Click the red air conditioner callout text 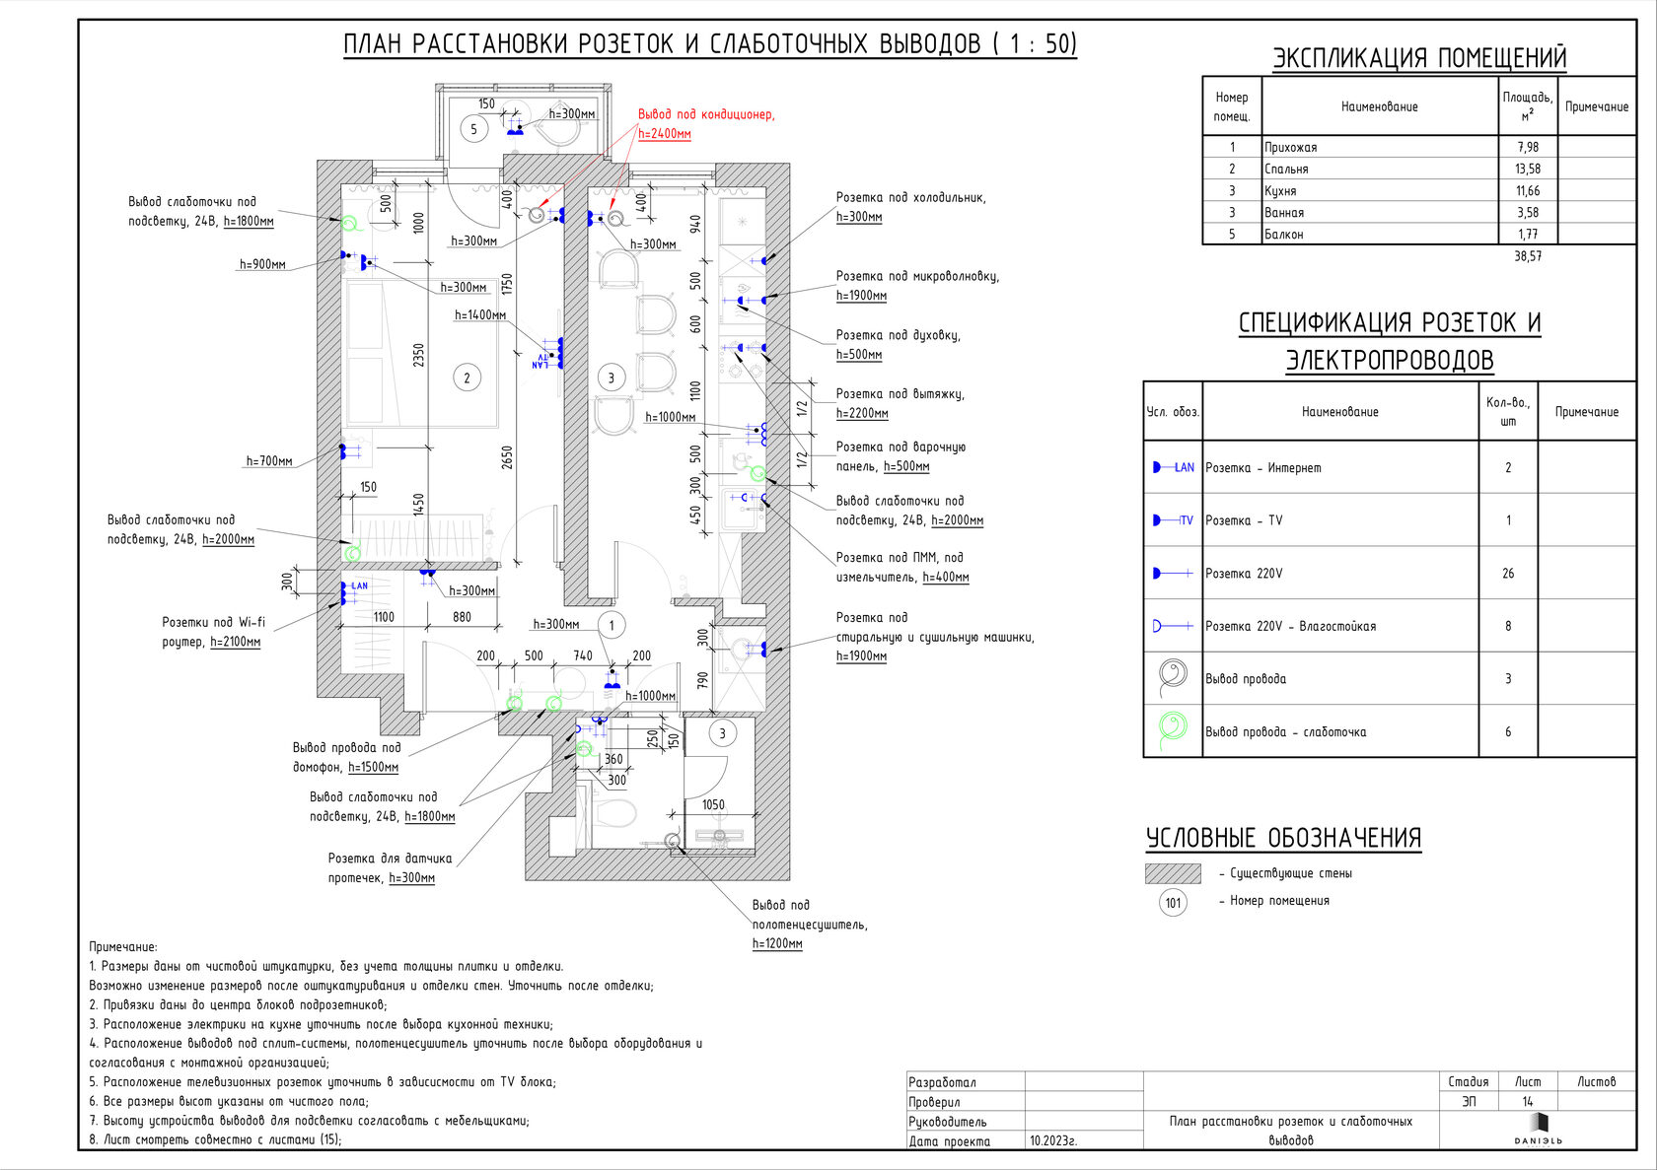pyautogui.click(x=706, y=124)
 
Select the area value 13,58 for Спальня pyautogui.click(x=1527, y=170)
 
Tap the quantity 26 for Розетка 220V pyautogui.click(x=1507, y=574)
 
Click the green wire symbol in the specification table pyautogui.click(x=1173, y=730)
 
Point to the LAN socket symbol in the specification pyautogui.click(x=1174, y=467)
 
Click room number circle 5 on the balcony pyautogui.click(x=473, y=129)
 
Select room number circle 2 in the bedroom pyautogui.click(x=467, y=378)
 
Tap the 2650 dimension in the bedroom pyautogui.click(x=507, y=456)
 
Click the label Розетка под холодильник pyautogui.click(x=910, y=197)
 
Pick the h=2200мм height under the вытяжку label pyautogui.click(x=862, y=413)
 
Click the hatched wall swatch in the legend pyautogui.click(x=1173, y=873)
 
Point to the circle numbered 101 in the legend pyautogui.click(x=1173, y=903)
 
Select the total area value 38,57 pyautogui.click(x=1527, y=256)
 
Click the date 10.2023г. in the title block pyautogui.click(x=1053, y=1140)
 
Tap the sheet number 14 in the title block pyautogui.click(x=1528, y=1101)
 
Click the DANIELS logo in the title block pyautogui.click(x=1538, y=1129)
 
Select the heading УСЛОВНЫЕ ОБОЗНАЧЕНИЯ pyautogui.click(x=1283, y=838)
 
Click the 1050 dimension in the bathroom pyautogui.click(x=713, y=805)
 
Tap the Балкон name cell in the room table pyautogui.click(x=1283, y=235)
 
